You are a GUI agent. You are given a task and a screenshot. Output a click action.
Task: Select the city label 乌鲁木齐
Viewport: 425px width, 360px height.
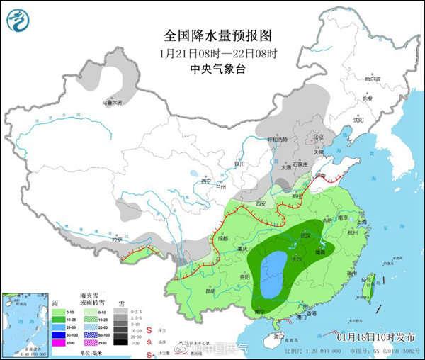coord(112,103)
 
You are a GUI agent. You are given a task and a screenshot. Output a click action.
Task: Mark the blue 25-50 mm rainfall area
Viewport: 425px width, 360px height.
coord(271,275)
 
